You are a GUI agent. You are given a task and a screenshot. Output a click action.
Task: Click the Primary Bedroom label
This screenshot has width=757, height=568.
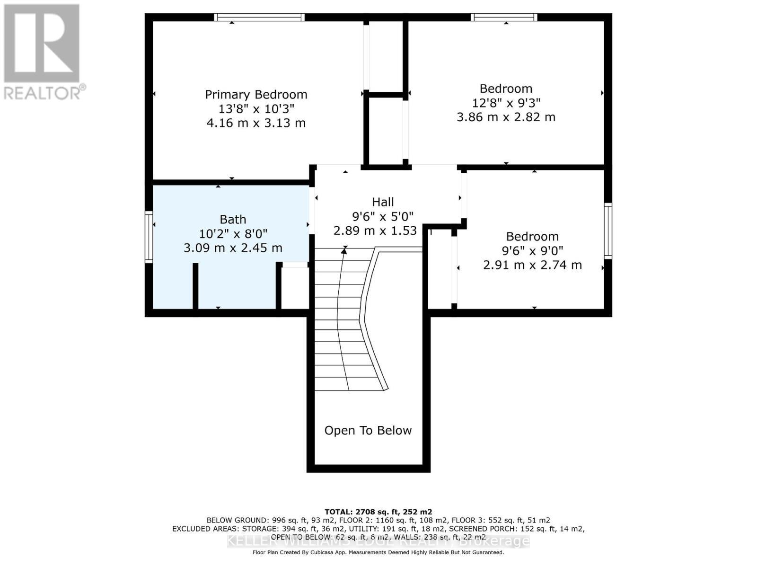pyautogui.click(x=256, y=95)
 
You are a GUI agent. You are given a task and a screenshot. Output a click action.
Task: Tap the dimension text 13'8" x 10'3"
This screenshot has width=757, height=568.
pyautogui.click(x=256, y=109)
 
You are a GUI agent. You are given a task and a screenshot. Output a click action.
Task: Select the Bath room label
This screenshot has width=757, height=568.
pyautogui.click(x=233, y=220)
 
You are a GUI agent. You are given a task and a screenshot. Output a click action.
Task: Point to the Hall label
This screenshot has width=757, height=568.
pyautogui.click(x=383, y=202)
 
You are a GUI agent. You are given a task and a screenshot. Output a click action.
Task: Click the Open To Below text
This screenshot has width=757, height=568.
pyautogui.click(x=368, y=430)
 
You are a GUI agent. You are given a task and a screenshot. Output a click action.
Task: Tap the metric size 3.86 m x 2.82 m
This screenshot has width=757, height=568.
pyautogui.click(x=506, y=117)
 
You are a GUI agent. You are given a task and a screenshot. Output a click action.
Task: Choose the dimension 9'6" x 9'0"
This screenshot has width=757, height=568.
pyautogui.click(x=532, y=251)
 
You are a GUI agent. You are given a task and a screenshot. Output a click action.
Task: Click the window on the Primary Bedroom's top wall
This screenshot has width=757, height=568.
pyautogui.click(x=259, y=18)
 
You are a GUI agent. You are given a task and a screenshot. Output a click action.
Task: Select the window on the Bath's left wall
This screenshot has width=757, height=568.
pyautogui.click(x=149, y=237)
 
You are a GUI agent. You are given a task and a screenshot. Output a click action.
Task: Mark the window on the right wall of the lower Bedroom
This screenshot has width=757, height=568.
pyautogui.click(x=608, y=231)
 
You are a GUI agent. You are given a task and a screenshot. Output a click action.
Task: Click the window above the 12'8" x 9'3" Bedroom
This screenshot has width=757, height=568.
pyautogui.click(x=504, y=18)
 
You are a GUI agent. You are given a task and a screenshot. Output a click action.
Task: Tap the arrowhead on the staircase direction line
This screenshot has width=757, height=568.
pyautogui.click(x=344, y=251)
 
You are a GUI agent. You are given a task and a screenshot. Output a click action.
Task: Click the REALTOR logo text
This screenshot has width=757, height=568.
pyautogui.click(x=45, y=92)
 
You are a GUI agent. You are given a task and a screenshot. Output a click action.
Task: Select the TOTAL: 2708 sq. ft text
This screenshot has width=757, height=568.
pyautogui.click(x=378, y=512)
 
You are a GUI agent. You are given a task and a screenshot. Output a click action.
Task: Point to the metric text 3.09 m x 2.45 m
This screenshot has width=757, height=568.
pyautogui.click(x=233, y=248)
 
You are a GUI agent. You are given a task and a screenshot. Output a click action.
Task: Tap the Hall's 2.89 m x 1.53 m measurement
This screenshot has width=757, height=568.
pyautogui.click(x=375, y=231)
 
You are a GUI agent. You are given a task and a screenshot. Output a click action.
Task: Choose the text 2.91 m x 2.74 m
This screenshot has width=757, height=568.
pyautogui.click(x=532, y=265)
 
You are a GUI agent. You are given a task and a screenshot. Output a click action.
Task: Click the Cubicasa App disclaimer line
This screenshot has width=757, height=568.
pyautogui.click(x=378, y=552)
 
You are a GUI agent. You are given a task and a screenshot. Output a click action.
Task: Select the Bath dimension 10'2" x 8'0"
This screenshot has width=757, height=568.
pyautogui.click(x=233, y=234)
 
